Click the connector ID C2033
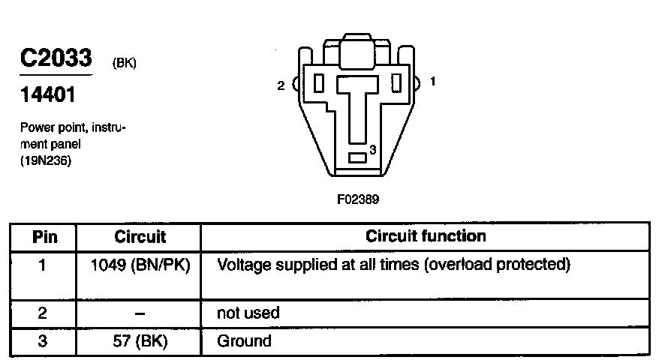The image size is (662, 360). click(56, 58)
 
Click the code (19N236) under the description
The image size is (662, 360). click(47, 159)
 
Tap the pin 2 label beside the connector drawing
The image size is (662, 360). click(281, 85)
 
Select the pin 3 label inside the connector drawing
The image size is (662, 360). click(372, 149)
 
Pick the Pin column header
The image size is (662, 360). click(44, 237)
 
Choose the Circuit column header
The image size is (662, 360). click(140, 237)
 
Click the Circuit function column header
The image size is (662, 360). click(426, 236)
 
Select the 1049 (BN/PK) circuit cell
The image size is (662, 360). click(140, 265)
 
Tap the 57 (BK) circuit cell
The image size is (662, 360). click(140, 342)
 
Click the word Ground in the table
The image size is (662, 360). click(244, 342)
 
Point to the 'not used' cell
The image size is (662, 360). click(248, 313)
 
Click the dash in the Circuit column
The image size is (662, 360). click(140, 313)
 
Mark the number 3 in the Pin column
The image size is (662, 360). click(44, 342)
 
